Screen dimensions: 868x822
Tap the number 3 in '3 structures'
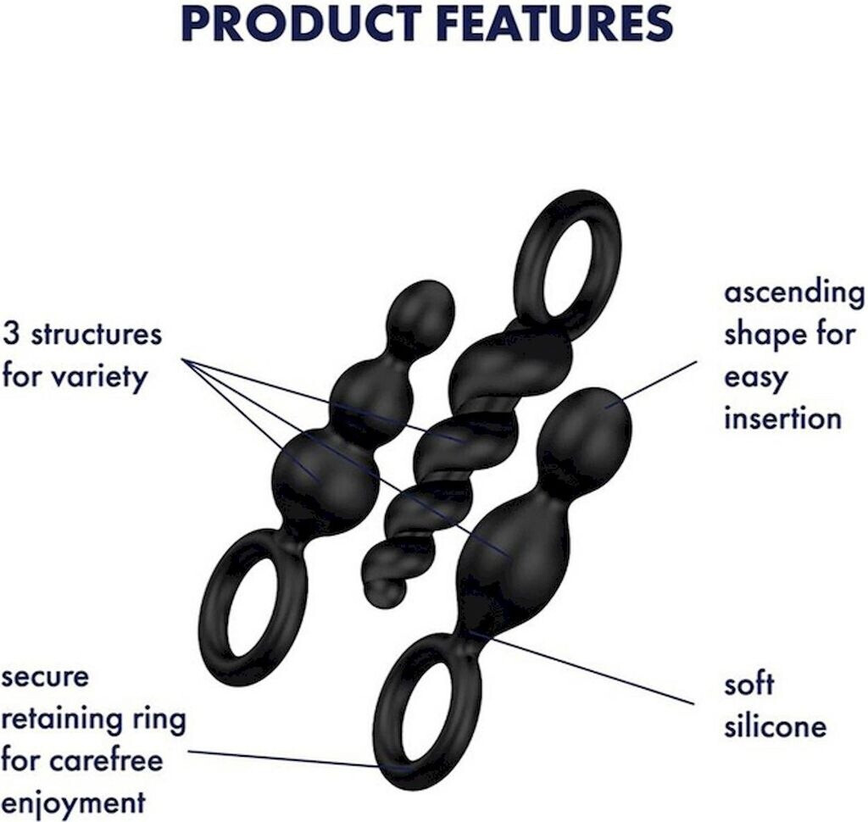tap(10, 334)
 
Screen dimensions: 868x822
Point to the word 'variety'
tap(106, 375)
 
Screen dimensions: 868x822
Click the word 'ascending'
tap(794, 294)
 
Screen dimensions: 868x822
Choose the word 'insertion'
tap(782, 418)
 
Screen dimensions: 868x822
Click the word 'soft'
tap(748, 683)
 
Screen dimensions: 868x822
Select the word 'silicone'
tap(775, 725)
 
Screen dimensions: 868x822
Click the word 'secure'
tap(45, 678)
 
